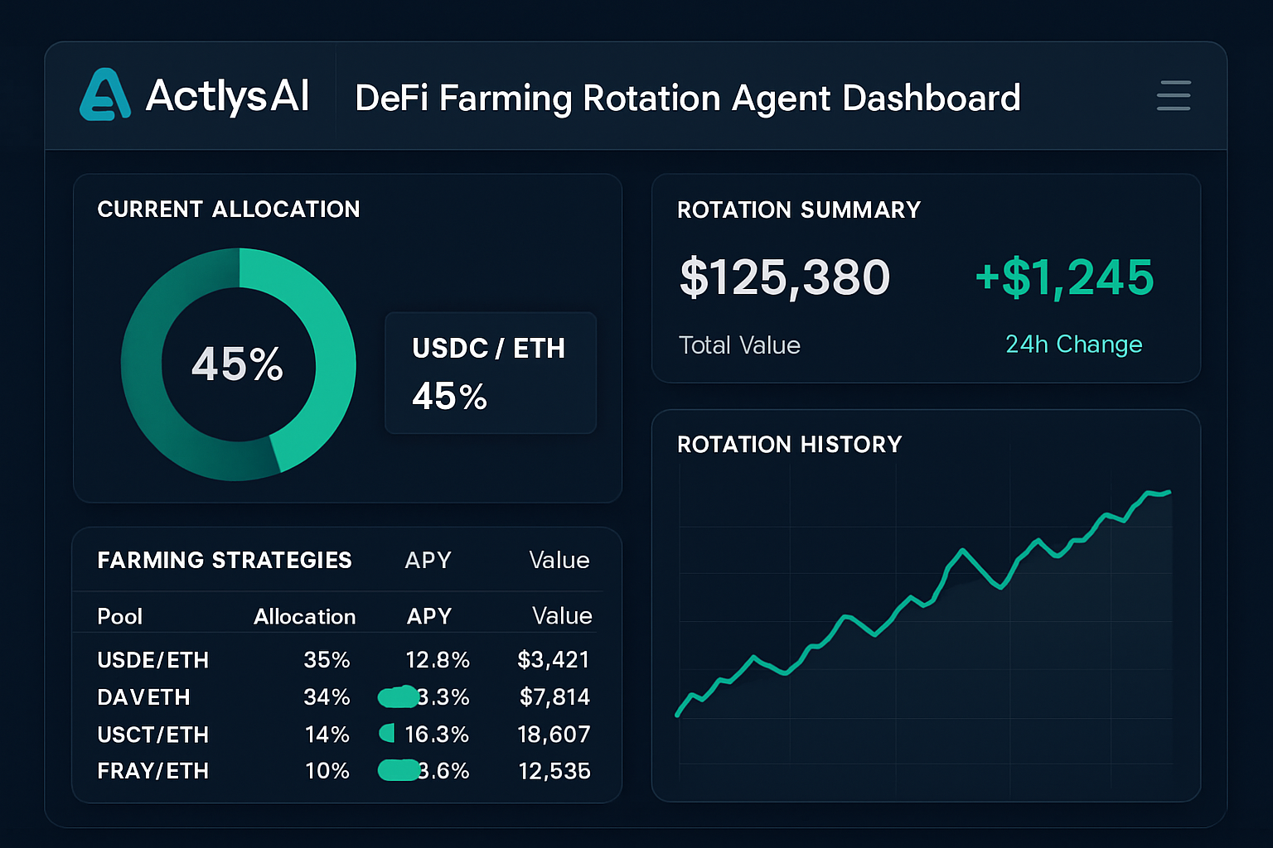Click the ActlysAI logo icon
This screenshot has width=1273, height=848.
pos(105,95)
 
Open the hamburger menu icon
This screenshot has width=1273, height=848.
pos(1174,96)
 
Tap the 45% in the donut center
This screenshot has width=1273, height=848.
pos(238,364)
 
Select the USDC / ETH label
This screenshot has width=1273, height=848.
pos(488,349)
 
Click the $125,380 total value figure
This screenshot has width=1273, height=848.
pos(784,277)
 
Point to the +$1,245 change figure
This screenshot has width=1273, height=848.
pos(1064,277)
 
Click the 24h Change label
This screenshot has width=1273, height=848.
pos(1073,344)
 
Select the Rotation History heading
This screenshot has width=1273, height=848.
pos(789,445)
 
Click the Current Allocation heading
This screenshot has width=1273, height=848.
pos(229,210)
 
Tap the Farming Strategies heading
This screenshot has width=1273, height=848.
pos(225,561)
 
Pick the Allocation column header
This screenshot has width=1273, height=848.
pos(304,617)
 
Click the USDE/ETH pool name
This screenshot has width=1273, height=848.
pos(152,660)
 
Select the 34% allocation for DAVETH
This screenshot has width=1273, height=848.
pos(327,697)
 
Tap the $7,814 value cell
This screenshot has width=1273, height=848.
pos(554,697)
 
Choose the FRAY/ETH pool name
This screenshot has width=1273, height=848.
pos(152,771)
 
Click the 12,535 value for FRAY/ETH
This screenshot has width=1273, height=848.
pos(554,771)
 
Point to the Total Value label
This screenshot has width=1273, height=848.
pos(739,345)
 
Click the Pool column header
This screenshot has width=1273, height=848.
pos(119,617)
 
